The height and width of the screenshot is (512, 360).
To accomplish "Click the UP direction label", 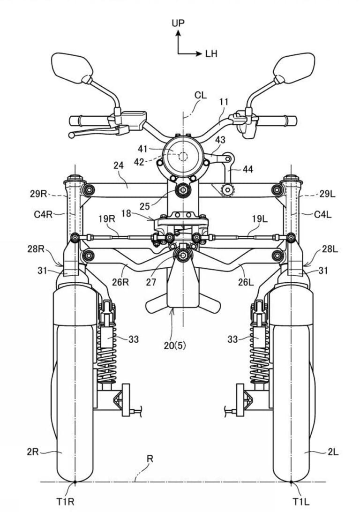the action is point(178,23).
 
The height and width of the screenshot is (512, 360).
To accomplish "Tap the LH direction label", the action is point(211,54).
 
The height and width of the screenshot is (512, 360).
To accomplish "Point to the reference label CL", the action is point(201,95).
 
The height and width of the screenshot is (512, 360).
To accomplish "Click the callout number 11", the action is point(224,102).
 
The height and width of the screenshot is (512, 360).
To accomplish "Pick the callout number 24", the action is point(119,165).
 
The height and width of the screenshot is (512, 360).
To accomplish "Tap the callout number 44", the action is point(247,169).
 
